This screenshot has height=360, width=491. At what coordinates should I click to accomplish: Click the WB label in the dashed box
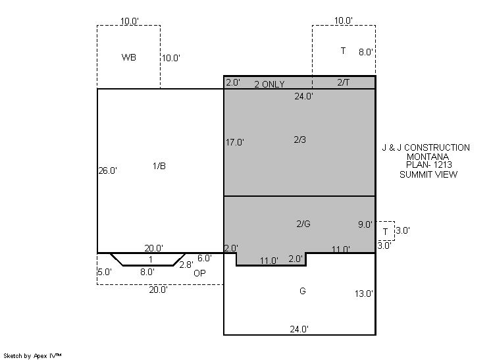click(x=129, y=57)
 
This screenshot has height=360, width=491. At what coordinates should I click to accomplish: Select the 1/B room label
click(x=159, y=166)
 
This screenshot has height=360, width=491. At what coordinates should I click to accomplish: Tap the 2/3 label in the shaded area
click(x=299, y=140)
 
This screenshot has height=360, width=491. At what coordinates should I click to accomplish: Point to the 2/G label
click(x=303, y=224)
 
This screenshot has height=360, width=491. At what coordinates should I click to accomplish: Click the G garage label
click(x=303, y=291)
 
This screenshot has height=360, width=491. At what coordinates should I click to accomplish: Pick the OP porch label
click(x=199, y=273)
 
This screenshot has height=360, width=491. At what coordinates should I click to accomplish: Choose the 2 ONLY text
click(x=269, y=84)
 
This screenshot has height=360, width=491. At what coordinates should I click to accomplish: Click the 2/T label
click(x=343, y=82)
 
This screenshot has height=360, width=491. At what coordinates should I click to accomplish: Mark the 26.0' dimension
click(x=108, y=170)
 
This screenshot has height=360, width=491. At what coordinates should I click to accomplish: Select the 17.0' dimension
click(x=235, y=142)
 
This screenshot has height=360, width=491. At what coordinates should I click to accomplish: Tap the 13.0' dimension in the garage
click(x=363, y=294)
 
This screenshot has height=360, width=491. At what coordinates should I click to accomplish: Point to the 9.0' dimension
click(x=365, y=224)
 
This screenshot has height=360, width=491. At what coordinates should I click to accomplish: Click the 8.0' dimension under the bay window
click(x=147, y=272)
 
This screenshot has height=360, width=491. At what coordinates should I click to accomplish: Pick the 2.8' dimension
click(x=186, y=265)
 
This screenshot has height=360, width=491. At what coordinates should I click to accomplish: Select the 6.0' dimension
click(x=205, y=258)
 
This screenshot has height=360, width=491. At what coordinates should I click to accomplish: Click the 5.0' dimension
click(x=104, y=272)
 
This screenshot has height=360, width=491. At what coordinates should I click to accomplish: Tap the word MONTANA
click(x=428, y=157)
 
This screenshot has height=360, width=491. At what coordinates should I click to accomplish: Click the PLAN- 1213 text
click(x=428, y=165)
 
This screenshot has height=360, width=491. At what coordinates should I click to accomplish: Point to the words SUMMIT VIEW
click(x=428, y=174)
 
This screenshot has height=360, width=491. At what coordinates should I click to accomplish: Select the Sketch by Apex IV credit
click(x=32, y=356)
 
